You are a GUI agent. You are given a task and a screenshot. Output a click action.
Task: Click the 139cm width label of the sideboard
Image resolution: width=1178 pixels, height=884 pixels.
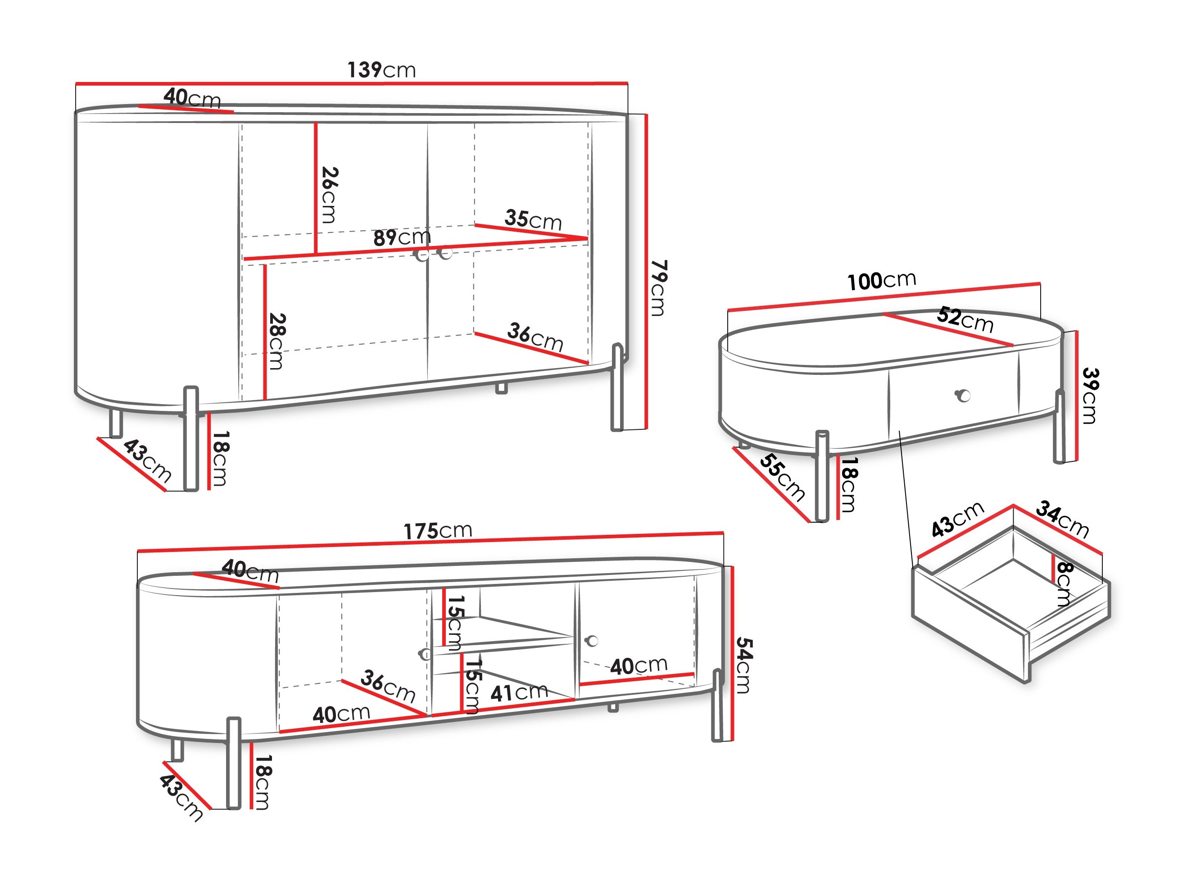[x=381, y=70]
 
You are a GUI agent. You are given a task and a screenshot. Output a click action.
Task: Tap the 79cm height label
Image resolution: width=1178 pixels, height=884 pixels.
[x=659, y=288]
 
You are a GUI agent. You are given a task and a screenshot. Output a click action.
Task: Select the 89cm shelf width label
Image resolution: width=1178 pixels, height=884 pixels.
[x=402, y=237]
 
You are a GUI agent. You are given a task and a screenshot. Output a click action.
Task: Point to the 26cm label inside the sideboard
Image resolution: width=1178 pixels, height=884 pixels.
[x=330, y=195]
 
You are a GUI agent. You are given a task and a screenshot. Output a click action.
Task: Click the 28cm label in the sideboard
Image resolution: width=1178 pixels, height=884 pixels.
[x=277, y=341]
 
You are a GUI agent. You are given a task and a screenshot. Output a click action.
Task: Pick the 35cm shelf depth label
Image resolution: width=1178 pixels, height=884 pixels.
[x=533, y=219]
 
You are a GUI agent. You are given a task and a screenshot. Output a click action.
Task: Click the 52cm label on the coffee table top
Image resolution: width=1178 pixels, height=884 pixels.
[x=965, y=320]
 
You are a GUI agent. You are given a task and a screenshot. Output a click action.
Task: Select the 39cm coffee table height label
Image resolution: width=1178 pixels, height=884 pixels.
[x=1090, y=396]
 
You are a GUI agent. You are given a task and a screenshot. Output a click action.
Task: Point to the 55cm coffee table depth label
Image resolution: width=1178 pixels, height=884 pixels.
[x=782, y=477]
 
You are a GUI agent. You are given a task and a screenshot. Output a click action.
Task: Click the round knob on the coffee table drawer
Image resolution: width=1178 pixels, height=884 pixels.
[x=963, y=396]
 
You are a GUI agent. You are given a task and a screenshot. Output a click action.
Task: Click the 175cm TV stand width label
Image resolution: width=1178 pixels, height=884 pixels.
[x=438, y=530]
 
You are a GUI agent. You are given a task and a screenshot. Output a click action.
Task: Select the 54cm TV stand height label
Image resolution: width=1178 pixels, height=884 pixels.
[x=744, y=665]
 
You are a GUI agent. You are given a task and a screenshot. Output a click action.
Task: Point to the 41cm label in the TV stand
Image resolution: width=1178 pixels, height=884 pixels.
[x=519, y=693]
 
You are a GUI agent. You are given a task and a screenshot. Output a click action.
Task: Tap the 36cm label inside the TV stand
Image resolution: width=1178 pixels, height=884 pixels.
[x=388, y=686]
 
